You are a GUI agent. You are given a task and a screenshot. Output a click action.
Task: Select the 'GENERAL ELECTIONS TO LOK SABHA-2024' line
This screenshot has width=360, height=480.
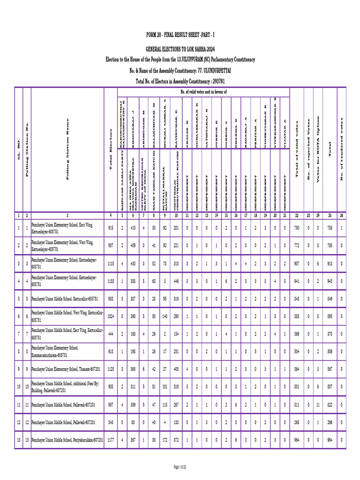[180, 49]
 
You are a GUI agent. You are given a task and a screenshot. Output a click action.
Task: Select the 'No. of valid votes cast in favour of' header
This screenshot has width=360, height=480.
[203, 92]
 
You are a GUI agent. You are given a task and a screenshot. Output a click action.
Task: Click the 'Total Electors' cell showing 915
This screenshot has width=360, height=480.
[111, 227]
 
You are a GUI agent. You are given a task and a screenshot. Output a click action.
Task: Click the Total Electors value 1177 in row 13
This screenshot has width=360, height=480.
[111, 440]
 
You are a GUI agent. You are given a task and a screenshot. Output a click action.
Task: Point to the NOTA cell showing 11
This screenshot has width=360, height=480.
[318, 405]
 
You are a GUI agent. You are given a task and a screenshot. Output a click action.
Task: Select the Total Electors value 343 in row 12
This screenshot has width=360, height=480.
[111, 422]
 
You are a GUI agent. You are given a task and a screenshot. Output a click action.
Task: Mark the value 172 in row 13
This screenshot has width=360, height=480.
[165, 440]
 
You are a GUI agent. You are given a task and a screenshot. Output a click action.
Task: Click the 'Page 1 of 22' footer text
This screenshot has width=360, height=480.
[180, 467]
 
